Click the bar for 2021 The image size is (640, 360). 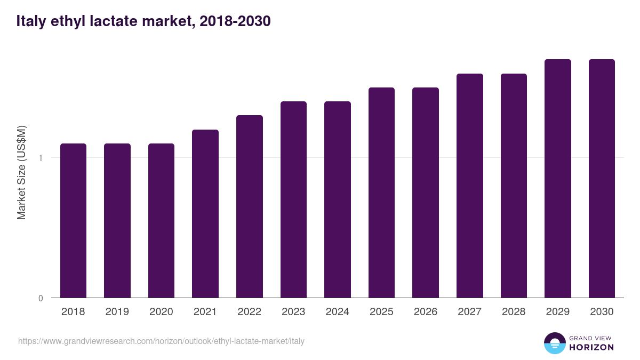click(x=205, y=213)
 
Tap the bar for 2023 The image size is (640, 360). click(x=293, y=199)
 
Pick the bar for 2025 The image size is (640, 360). click(x=381, y=193)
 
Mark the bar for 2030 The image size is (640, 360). click(x=602, y=178)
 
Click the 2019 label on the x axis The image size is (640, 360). click(x=117, y=312)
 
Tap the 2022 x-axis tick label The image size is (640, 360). click(x=249, y=312)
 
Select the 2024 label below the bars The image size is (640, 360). click(x=337, y=312)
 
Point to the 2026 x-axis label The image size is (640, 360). click(x=426, y=312)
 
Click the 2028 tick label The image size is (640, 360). click(x=514, y=312)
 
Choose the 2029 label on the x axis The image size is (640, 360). click(x=558, y=312)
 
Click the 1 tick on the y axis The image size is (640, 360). click(x=41, y=158)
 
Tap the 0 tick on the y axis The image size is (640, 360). click(x=41, y=298)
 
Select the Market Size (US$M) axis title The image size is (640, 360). click(x=21, y=173)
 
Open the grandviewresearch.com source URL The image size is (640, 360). click(x=161, y=341)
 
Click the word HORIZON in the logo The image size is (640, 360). click(x=591, y=347)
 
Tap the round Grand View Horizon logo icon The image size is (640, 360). click(x=554, y=343)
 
